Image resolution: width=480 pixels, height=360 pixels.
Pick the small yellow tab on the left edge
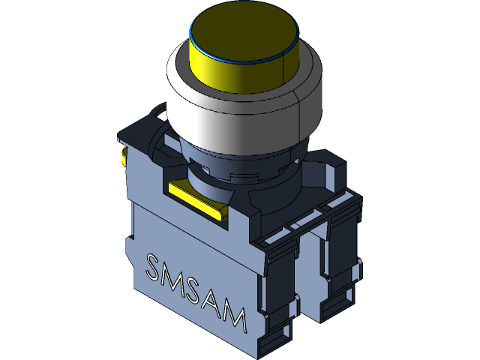point(123,155)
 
